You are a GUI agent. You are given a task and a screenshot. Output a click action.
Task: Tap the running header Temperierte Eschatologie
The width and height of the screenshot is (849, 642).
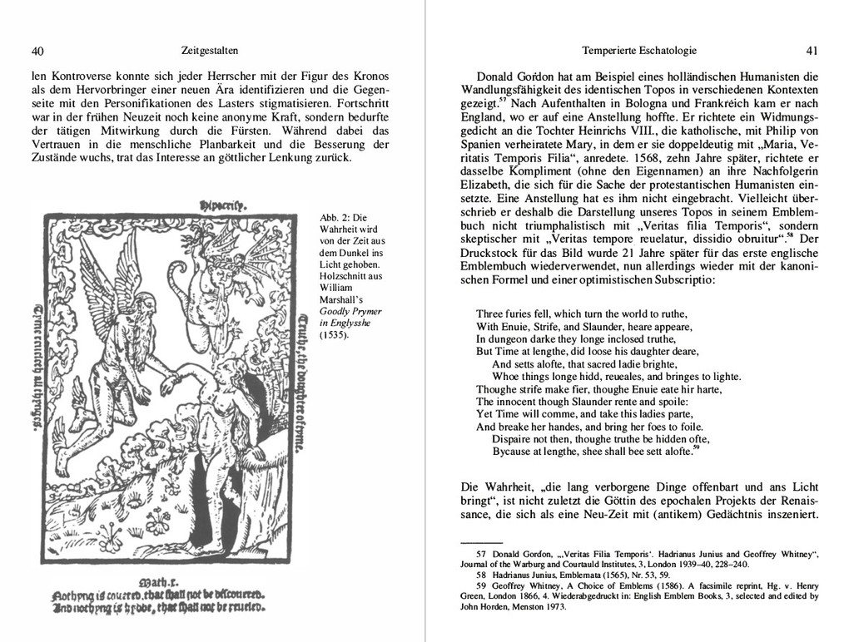click(639, 50)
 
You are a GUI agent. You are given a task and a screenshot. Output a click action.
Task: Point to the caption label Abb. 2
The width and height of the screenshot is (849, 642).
click(337, 218)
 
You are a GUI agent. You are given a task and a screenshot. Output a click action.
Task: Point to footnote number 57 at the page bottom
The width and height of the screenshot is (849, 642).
click(480, 554)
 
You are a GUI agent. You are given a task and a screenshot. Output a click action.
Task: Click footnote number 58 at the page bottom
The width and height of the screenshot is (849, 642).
click(480, 575)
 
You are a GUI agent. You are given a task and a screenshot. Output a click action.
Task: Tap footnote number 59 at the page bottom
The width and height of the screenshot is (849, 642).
click(480, 585)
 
